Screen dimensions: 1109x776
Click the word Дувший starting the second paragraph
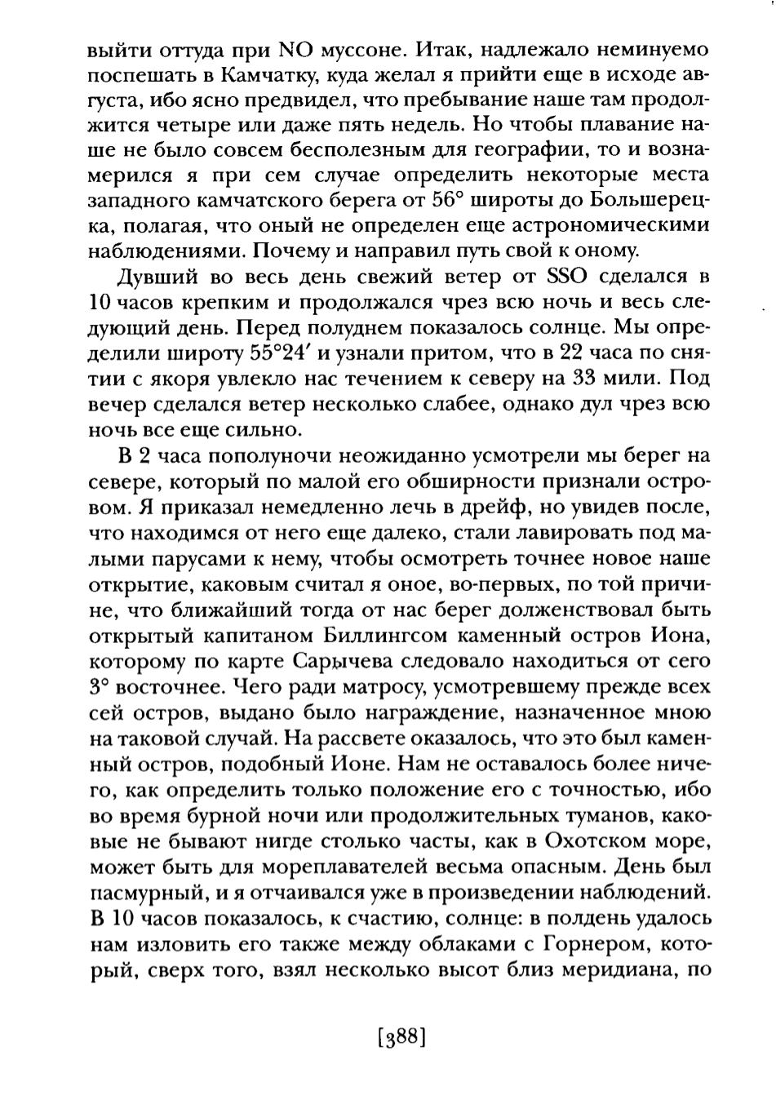click(x=149, y=277)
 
